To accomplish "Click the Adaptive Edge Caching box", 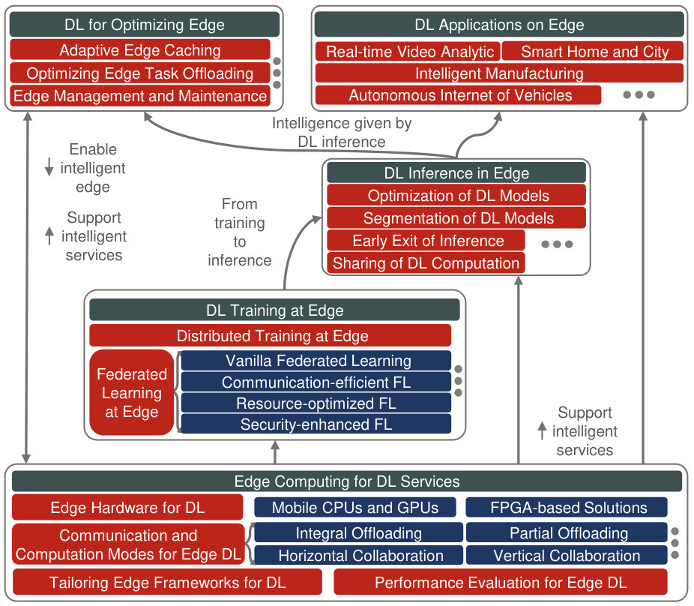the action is (x=140, y=49).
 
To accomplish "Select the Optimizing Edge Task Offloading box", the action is (x=140, y=73).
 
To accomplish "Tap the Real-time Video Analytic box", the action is (x=408, y=52).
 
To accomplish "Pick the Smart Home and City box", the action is (x=593, y=52).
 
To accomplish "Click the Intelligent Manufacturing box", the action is (x=499, y=73).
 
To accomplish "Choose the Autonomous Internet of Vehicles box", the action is (x=458, y=94).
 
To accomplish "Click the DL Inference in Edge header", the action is (x=456, y=172).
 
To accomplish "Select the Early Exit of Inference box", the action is (x=426, y=241).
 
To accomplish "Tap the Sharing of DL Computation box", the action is (x=426, y=263).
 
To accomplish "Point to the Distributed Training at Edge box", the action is (x=271, y=336).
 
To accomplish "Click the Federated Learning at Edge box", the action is (x=131, y=392).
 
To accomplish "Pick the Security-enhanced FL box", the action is (x=316, y=424).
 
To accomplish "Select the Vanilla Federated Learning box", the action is (x=316, y=361).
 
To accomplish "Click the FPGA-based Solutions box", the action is (x=567, y=507).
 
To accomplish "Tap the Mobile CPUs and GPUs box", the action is (x=355, y=507).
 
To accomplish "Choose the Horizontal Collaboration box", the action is (x=358, y=555).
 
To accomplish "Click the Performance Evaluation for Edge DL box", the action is (x=501, y=582).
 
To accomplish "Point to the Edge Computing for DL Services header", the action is (x=347, y=481).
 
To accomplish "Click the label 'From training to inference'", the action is (x=239, y=232).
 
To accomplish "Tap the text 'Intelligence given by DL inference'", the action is (x=342, y=132).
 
